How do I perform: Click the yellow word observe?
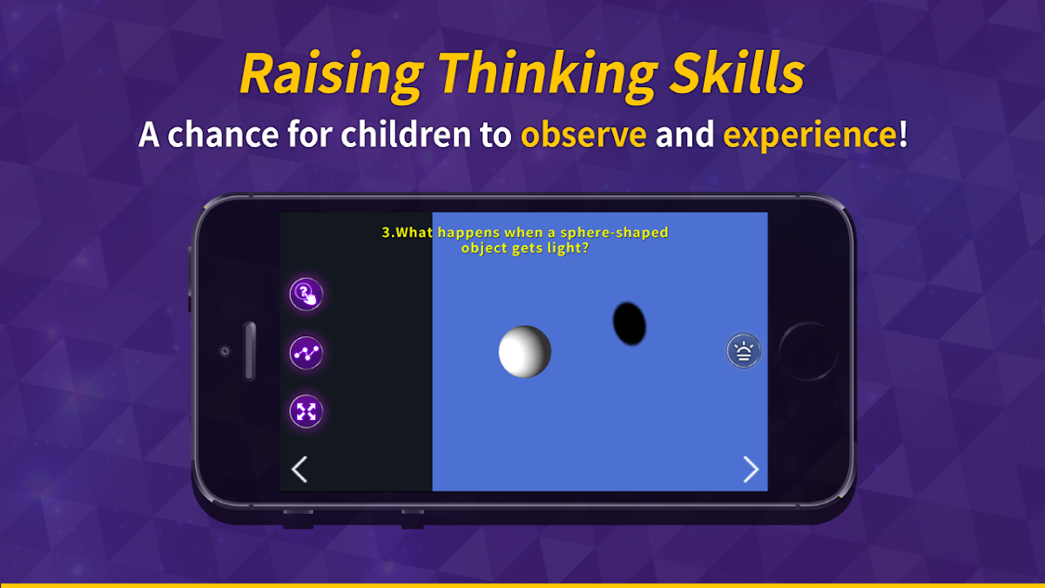[x=583, y=134]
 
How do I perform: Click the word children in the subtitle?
[x=406, y=134]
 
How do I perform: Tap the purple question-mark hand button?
[x=306, y=294]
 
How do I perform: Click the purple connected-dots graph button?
[x=306, y=353]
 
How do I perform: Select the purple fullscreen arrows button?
[x=306, y=411]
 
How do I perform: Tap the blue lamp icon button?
[x=744, y=350]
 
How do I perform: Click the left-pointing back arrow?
[x=299, y=469]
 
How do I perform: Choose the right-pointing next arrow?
[x=751, y=469]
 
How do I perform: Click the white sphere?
[x=525, y=351]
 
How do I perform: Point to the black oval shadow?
[x=630, y=323]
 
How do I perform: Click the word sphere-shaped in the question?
[x=614, y=233]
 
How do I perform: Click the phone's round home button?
[x=808, y=351]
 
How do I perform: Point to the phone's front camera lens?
[x=225, y=351]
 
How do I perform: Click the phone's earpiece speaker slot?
[x=250, y=351]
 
